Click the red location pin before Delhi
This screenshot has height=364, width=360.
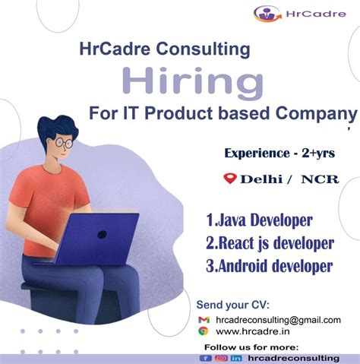pyautogui.click(x=229, y=179)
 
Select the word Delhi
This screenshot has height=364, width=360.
pyautogui.click(x=263, y=179)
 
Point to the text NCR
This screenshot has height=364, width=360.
pyautogui.click(x=319, y=179)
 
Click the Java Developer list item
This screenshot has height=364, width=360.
pyautogui.click(x=258, y=220)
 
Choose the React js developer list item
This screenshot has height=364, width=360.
pyautogui.click(x=269, y=243)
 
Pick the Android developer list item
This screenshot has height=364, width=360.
pyautogui.click(x=269, y=266)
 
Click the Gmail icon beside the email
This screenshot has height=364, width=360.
pyautogui.click(x=204, y=320)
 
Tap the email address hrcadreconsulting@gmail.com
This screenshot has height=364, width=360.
pyautogui.click(x=278, y=320)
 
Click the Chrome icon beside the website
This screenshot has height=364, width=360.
pyautogui.click(x=204, y=331)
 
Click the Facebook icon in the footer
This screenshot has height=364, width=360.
pyautogui.click(x=205, y=357)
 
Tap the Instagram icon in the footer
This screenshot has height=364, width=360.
pyautogui.click(x=221, y=357)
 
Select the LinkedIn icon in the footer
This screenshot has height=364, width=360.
pyautogui.click(x=237, y=357)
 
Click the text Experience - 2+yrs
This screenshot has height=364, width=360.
pyautogui.click(x=280, y=153)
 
